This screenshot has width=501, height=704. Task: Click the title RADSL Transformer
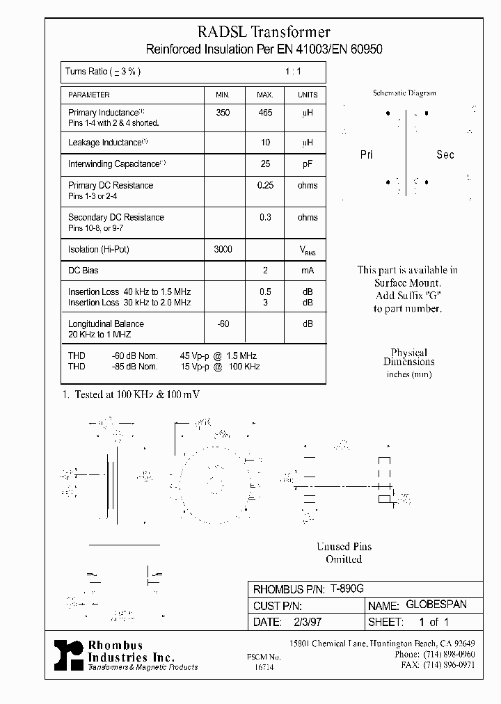(264, 31)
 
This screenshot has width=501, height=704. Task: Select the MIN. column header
(222, 95)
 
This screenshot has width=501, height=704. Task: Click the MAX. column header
(264, 95)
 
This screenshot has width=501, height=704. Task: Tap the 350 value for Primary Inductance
(222, 113)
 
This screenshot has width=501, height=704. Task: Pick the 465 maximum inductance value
(264, 113)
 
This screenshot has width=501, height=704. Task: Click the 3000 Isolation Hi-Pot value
(222, 249)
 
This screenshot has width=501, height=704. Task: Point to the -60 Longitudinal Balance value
(222, 323)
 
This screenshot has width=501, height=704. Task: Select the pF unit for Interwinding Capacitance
(307, 164)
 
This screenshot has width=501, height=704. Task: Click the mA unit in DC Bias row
(307, 270)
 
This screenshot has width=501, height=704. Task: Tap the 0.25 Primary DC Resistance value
(264, 186)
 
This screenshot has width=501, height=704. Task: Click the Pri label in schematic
(367, 154)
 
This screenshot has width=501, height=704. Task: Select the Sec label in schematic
(445, 154)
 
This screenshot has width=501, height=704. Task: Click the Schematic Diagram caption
(404, 93)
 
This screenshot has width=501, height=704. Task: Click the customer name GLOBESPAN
(436, 605)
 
